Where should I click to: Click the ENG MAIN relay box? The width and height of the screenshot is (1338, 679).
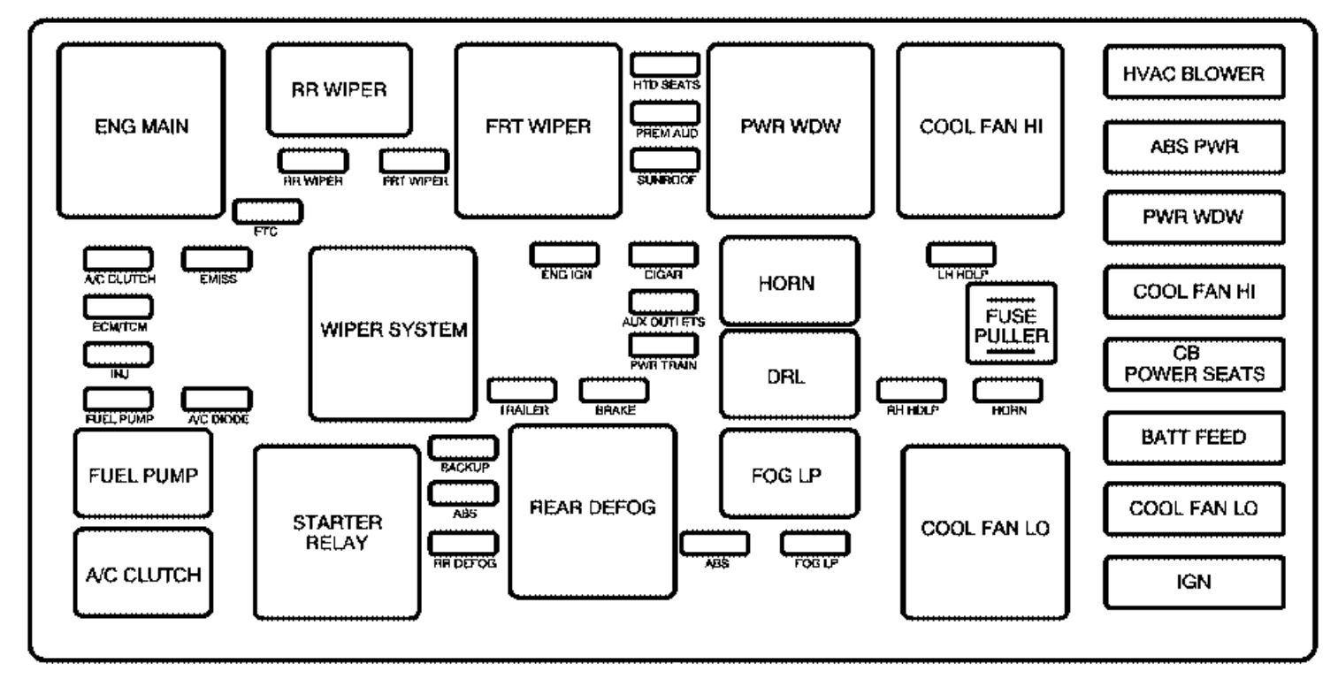click(141, 130)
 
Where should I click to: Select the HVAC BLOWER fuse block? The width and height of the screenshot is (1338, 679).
click(1193, 73)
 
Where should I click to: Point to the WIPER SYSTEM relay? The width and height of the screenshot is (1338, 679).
click(393, 332)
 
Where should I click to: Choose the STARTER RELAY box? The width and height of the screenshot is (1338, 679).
click(336, 531)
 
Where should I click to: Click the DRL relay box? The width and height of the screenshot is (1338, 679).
click(789, 374)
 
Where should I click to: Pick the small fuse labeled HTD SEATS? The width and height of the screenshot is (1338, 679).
click(665, 65)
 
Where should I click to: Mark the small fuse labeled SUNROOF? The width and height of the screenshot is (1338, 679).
click(665, 159)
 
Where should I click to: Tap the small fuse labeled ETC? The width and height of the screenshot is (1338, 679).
click(267, 211)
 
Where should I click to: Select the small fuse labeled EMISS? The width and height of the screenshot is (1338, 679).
click(217, 258)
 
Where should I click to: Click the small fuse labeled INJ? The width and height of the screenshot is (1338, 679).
click(119, 354)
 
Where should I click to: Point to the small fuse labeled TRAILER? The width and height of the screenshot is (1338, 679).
click(523, 389)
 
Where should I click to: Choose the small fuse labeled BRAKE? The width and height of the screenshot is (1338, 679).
click(614, 389)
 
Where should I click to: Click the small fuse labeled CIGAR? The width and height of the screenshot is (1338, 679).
click(663, 254)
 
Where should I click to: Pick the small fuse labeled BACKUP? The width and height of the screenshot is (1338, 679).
click(463, 447)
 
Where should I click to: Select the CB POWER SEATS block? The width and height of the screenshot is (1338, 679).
click(1193, 364)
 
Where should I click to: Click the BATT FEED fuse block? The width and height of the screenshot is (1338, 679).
click(1193, 437)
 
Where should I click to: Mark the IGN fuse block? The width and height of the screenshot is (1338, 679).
click(1193, 582)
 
